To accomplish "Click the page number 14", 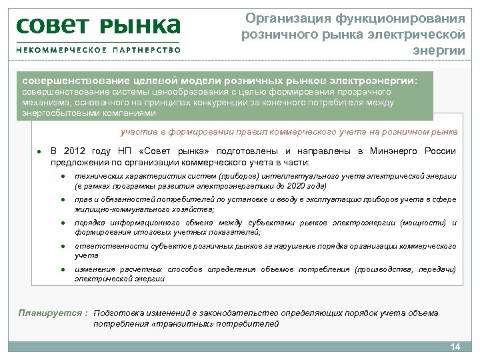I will [x=456, y=347].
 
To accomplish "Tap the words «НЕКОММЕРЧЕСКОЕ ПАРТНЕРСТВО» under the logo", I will [x=98, y=50].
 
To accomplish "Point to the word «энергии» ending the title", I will [x=439, y=51].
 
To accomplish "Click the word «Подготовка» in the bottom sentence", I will [x=120, y=313].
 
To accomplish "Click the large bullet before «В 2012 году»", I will [x=40, y=152].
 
